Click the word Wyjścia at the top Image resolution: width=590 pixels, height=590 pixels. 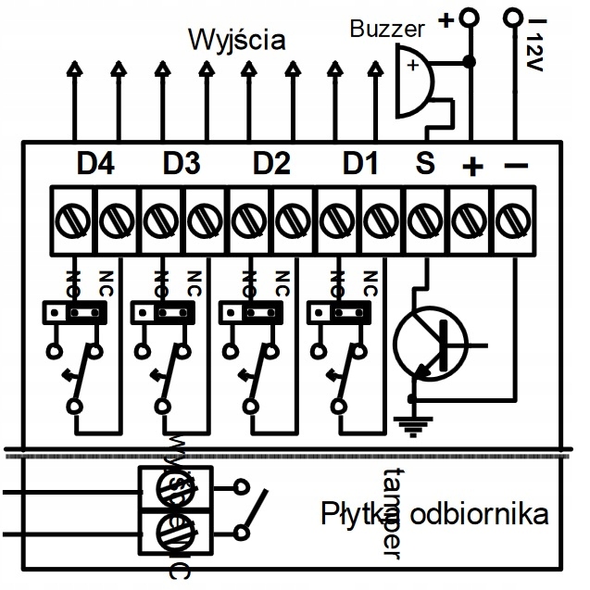[236, 40]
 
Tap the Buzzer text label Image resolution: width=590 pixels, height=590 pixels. [386, 29]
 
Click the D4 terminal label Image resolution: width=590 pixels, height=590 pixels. [95, 164]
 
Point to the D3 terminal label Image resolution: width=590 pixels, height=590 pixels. [182, 164]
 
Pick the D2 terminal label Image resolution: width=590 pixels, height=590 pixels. [271, 164]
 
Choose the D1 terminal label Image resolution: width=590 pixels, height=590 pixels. [360, 164]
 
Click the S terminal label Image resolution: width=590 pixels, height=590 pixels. [424, 164]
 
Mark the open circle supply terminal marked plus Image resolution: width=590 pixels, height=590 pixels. [471, 18]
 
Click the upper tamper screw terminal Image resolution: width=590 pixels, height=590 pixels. [176, 486]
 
